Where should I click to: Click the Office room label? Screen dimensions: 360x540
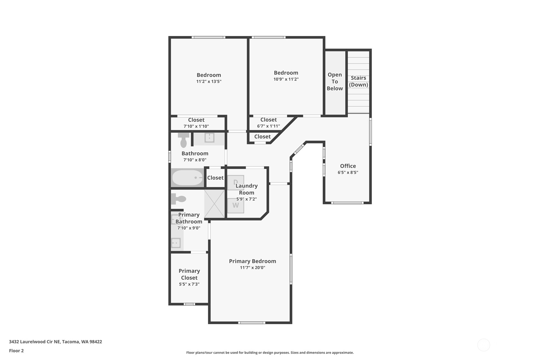click(348, 166)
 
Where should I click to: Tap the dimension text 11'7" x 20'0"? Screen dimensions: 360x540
click(252, 268)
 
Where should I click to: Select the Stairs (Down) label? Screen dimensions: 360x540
click(358, 81)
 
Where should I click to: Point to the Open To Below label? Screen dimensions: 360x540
click(335, 81)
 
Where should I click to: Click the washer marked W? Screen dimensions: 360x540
click(235, 206)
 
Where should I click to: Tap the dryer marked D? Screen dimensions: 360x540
click(235, 182)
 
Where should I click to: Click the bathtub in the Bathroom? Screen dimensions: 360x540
click(187, 178)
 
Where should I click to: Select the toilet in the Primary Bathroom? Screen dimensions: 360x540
click(179, 199)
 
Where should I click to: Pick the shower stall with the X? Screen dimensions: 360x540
click(214, 204)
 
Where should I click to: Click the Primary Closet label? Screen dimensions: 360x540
click(189, 274)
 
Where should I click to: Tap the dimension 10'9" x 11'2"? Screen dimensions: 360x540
click(286, 79)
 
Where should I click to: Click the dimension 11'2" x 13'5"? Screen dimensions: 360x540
click(209, 81)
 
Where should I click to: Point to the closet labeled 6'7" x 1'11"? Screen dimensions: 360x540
click(268, 123)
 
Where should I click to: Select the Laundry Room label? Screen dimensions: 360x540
click(247, 189)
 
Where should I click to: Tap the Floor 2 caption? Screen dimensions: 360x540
click(16, 351)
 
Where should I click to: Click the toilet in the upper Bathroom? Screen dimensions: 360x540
click(184, 140)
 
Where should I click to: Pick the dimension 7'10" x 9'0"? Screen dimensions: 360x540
click(189, 228)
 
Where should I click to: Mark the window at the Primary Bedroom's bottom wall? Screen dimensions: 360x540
click(251, 323)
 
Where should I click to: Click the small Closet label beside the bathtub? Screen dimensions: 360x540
click(215, 178)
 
